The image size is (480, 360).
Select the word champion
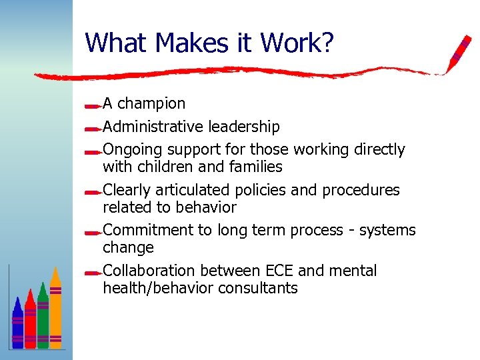pos(151,104)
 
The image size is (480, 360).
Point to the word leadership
pos(244,127)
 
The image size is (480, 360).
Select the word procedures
pos(361,190)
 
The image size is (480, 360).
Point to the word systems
pos(387,231)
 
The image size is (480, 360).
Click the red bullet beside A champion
pos(93,105)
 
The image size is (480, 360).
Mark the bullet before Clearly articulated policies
pos(93,191)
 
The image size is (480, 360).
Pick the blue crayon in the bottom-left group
pos(17,323)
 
